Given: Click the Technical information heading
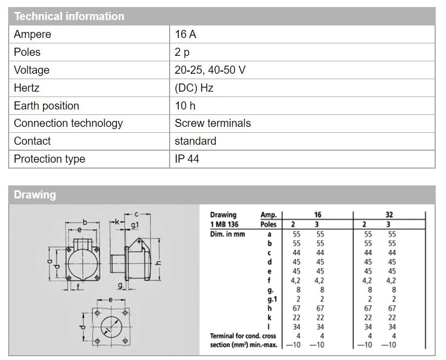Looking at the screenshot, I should (69, 16).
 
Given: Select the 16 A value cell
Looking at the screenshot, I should (185, 34).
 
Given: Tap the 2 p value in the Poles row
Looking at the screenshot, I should (182, 52).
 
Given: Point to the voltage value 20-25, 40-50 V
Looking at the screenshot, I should (211, 70).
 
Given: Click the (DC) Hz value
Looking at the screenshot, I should (193, 88).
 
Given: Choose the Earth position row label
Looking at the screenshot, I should (47, 106).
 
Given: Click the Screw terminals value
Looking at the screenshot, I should (212, 123).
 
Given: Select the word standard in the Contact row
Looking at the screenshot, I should (195, 141).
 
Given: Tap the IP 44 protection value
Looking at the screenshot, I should (187, 159).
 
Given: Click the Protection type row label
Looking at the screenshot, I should (49, 159).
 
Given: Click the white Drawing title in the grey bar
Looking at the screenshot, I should (35, 195).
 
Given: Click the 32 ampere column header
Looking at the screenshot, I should (389, 215).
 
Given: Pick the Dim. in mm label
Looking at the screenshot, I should (228, 234).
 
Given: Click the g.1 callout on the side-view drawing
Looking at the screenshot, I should (135, 225).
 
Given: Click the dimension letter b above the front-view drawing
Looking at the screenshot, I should (85, 222).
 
